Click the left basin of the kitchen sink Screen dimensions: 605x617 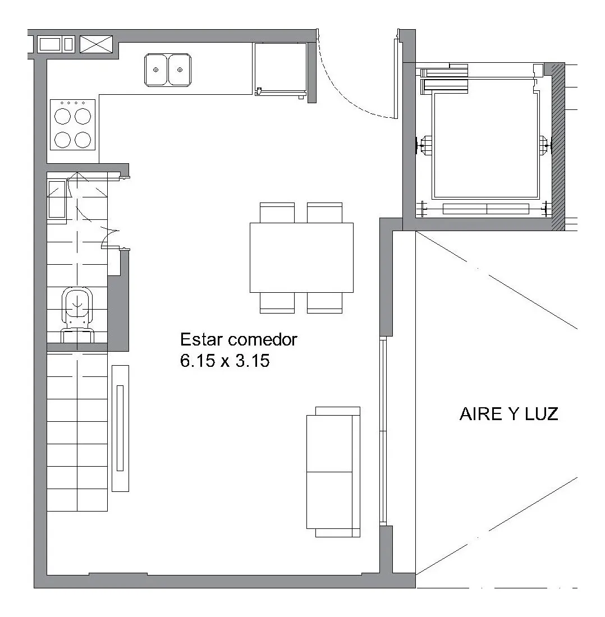click(156, 70)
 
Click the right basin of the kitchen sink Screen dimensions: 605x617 click(180, 70)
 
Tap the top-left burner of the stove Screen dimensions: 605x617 click(63, 117)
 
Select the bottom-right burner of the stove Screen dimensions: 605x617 click(83, 139)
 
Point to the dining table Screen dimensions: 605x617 click(301, 257)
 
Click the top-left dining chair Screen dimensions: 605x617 click(277, 213)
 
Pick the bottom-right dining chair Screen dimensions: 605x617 click(325, 302)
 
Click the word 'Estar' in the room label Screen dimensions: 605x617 click(201, 339)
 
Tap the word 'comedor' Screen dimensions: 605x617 click(263, 339)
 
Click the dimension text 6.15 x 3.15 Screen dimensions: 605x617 click(224, 361)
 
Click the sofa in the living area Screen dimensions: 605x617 click(333, 472)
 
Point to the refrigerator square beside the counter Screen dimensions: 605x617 click(280, 69)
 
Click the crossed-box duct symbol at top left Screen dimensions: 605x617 click(97, 44)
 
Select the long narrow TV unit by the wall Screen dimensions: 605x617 click(121, 429)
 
